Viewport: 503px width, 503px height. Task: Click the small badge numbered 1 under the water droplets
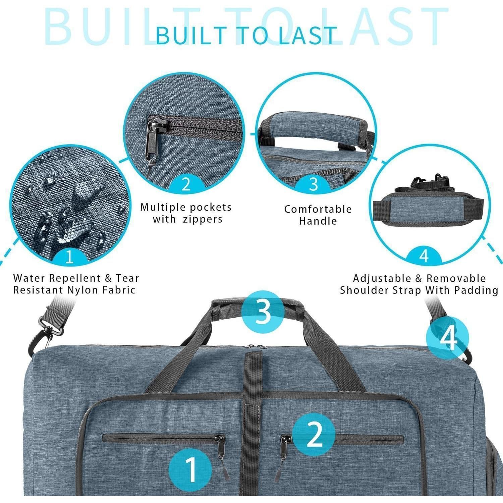(69, 257)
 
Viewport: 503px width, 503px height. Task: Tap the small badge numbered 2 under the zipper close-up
(186, 184)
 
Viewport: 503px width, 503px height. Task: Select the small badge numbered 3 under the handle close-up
(313, 184)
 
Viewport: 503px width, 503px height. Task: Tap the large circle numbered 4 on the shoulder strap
(448, 338)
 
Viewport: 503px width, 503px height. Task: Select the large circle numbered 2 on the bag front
(314, 435)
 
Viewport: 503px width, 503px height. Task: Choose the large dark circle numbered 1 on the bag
(190, 469)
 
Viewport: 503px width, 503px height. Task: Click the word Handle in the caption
(318, 221)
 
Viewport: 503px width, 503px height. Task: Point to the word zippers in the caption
(203, 219)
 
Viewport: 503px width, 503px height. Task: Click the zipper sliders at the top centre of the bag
(254, 346)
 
